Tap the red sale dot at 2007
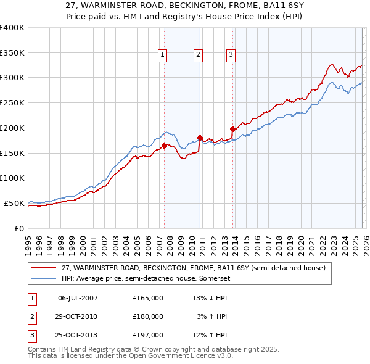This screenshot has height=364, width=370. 165,146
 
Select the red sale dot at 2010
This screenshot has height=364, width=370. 200,138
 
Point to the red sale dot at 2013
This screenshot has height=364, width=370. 233,130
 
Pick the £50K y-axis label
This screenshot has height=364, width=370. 14,203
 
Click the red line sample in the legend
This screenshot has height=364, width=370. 44,268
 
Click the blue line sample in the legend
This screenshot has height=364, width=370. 44,278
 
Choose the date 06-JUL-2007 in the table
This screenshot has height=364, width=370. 78,298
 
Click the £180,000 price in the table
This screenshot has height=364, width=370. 148,316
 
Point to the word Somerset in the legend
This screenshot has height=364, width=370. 216,278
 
